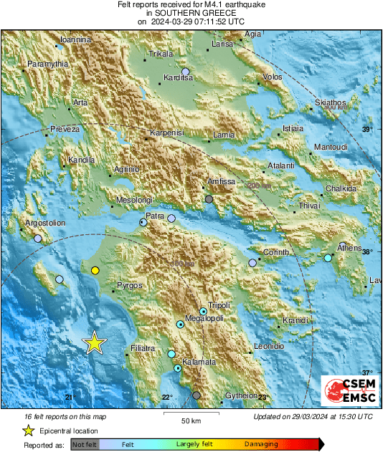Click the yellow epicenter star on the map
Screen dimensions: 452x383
coord(94,343)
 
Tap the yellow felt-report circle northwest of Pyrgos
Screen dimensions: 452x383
coord(95,270)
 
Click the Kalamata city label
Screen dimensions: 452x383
coord(199,362)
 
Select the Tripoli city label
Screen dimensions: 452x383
coord(219,304)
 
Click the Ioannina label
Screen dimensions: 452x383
coord(75,40)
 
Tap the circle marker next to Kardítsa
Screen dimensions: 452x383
coord(186,72)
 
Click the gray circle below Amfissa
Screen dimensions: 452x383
coord(209,199)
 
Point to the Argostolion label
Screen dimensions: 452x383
coord(45,223)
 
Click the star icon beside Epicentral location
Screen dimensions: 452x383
coord(28,431)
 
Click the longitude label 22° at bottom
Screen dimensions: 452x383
coord(167,398)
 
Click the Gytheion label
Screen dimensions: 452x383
coord(242,395)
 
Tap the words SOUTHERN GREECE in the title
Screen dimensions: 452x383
coord(191,13)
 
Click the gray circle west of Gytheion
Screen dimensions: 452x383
coord(197,395)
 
